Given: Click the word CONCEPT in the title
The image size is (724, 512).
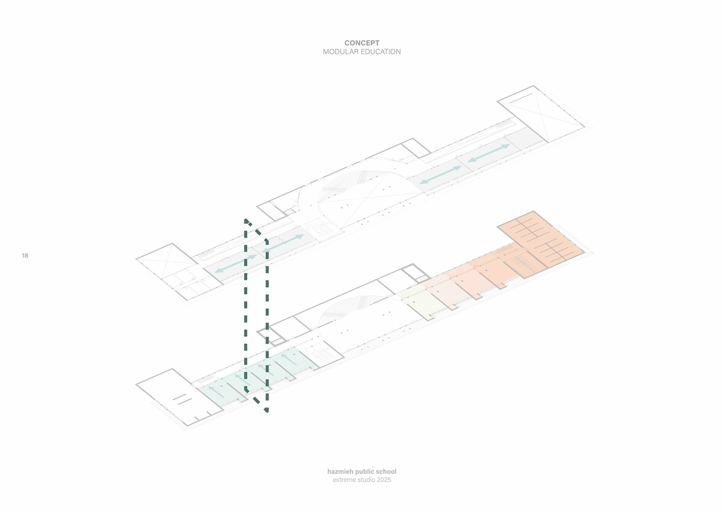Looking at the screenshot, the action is pyautogui.click(x=362, y=43).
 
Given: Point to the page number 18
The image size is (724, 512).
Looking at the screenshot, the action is pyautogui.click(x=25, y=256).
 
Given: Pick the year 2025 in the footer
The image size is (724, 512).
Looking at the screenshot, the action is pyautogui.click(x=384, y=480).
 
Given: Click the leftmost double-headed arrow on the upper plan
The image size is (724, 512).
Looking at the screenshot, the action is pyautogui.click(x=236, y=263).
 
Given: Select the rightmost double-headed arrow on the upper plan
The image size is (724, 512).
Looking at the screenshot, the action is pyautogui.click(x=489, y=153).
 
